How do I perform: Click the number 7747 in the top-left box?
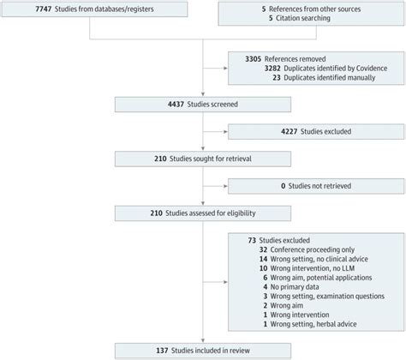tap(44, 9)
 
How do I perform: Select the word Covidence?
tap(373, 69)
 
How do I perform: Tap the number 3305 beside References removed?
tap(254, 59)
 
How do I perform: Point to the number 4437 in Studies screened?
tap(176, 105)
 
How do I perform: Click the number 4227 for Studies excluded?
tap(290, 132)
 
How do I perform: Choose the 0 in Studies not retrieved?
tap(284, 186)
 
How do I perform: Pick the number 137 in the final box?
tap(162, 351)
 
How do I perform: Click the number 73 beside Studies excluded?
tap(252, 241)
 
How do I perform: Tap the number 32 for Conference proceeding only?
tap(263, 250)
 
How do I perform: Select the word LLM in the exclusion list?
tap(348, 268)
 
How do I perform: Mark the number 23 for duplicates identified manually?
tap(277, 78)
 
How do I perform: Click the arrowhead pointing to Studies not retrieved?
tap(226, 186)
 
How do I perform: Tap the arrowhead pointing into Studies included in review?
tap(203, 340)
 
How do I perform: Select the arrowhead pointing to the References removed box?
tap(226, 69)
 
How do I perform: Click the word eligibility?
tap(242, 213)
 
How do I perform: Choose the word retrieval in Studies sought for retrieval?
tap(239, 159)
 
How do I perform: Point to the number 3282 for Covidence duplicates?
tap(272, 69)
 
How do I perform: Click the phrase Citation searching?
tap(303, 18)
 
